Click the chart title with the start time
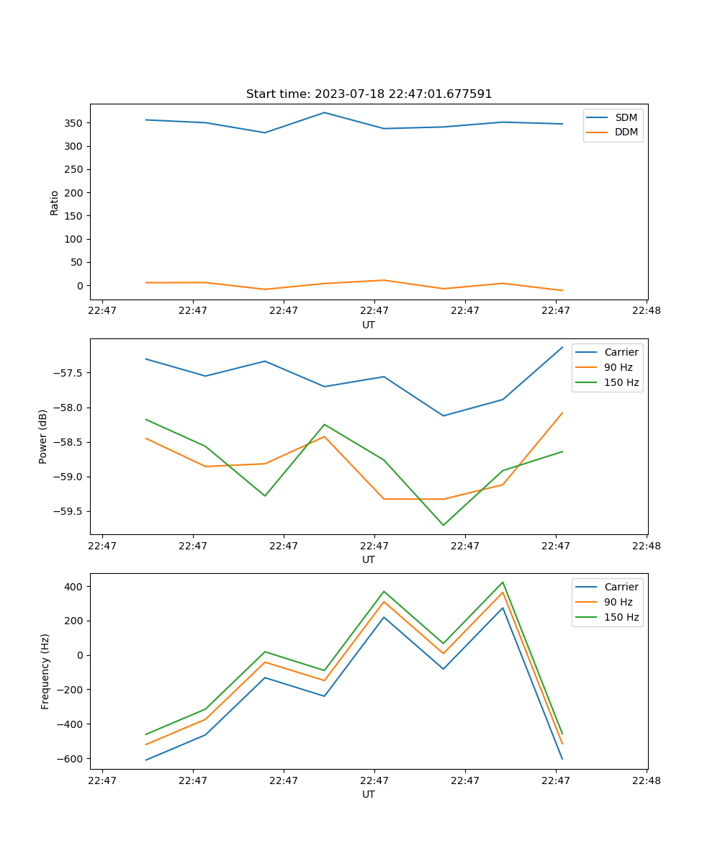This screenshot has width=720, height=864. pos(369,94)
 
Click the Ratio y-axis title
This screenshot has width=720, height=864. pos(55,202)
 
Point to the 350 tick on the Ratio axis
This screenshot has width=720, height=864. pos(75,123)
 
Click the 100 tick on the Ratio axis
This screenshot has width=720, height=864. pos(75,239)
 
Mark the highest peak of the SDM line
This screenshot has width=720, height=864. pos(324,112)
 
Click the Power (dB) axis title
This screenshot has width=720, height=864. pos(43,436)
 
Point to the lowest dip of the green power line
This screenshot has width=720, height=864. pos(443,525)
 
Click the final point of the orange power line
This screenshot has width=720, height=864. pos(562,413)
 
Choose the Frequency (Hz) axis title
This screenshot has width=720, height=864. pos(45,671)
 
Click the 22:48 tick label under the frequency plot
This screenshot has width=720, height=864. pos(646,780)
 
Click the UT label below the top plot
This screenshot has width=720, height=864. pos(369,325)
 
